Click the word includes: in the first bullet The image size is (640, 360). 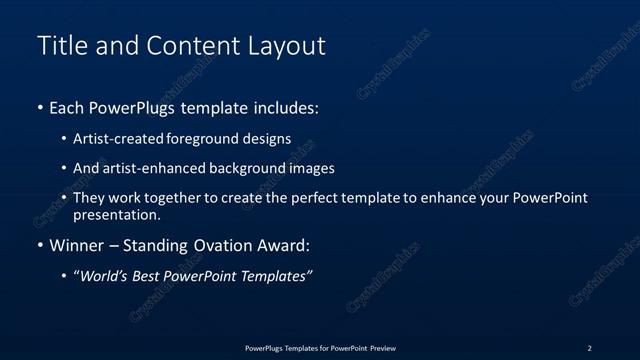click(x=283, y=108)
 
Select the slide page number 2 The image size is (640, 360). click(x=589, y=348)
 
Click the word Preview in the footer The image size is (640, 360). click(x=382, y=348)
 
